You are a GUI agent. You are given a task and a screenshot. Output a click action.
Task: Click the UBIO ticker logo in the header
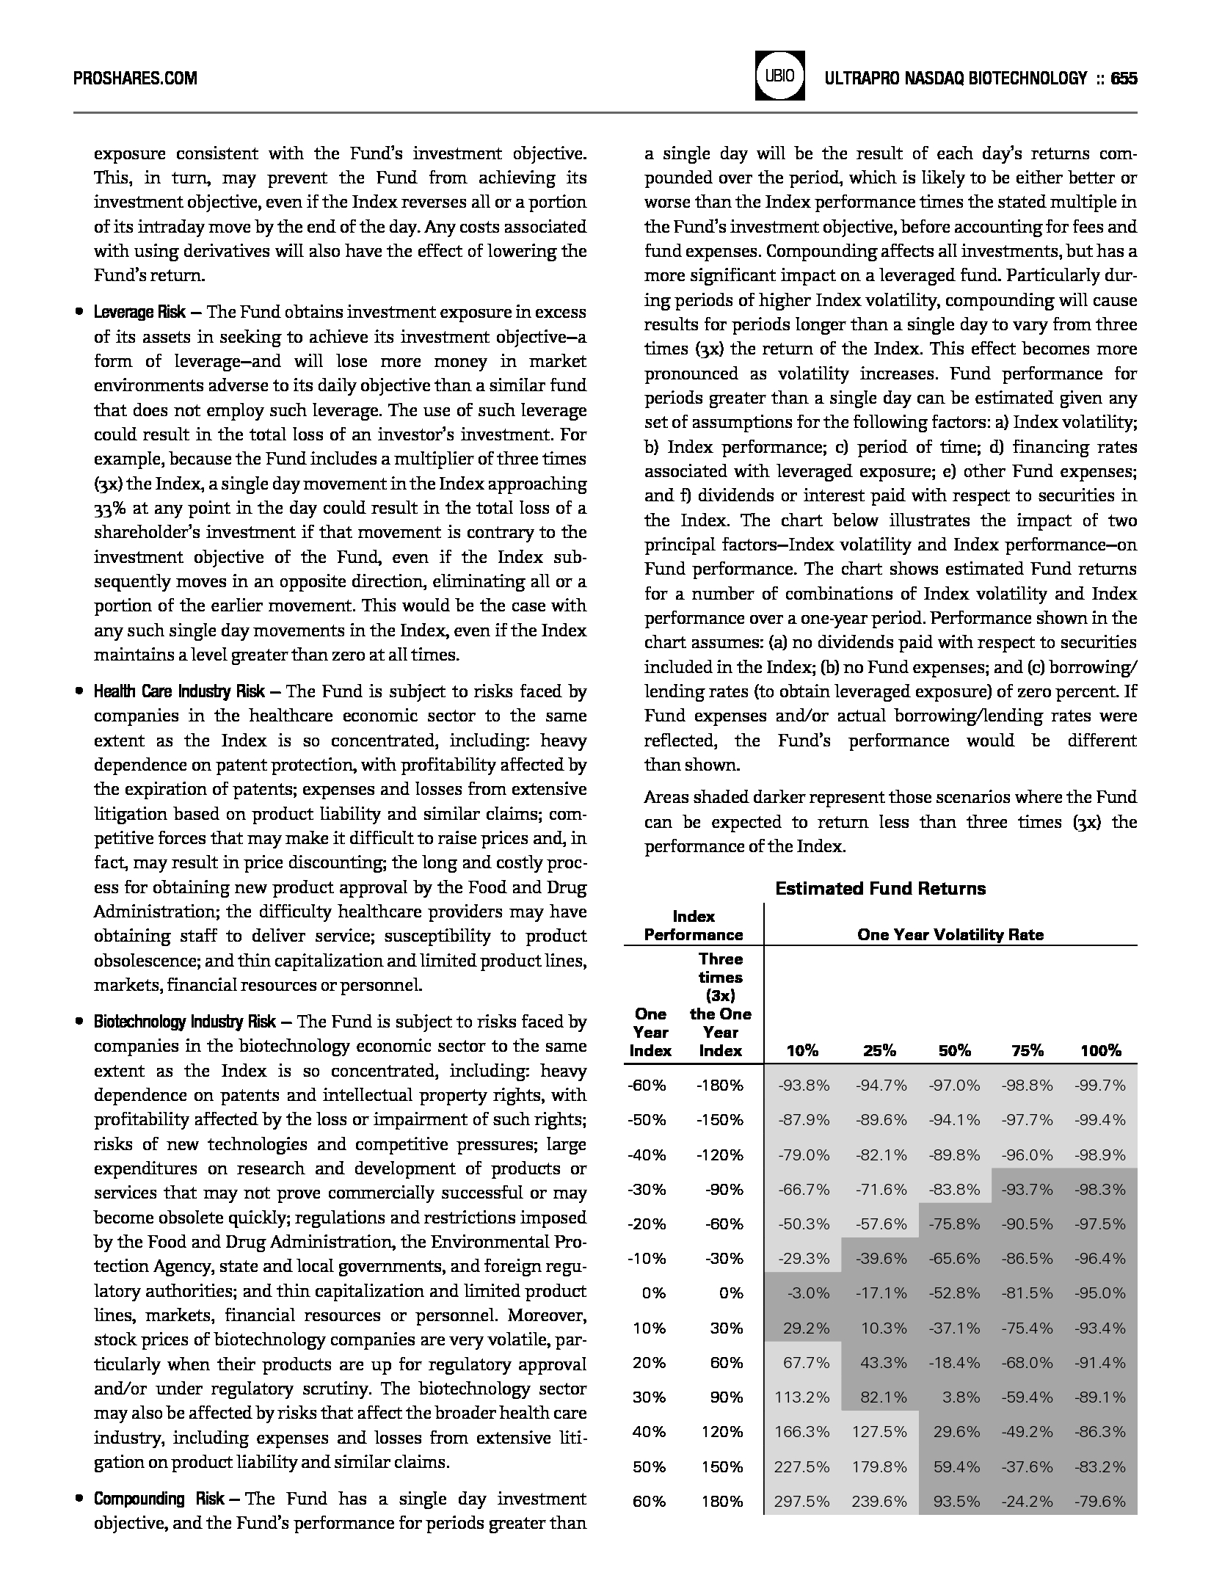click(779, 76)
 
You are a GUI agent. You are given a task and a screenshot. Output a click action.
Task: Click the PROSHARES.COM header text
click(135, 79)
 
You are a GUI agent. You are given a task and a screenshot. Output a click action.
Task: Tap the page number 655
click(1124, 79)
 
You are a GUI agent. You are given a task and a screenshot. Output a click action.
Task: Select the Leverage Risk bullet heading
click(139, 313)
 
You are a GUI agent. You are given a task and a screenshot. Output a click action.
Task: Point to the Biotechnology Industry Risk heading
click(184, 1022)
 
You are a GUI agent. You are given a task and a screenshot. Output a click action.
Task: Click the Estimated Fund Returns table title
click(880, 889)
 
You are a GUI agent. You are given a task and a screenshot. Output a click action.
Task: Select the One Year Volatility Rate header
click(950, 934)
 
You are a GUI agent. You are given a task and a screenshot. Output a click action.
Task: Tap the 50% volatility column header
click(954, 1051)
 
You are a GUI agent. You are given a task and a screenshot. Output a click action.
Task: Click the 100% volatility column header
click(1100, 1051)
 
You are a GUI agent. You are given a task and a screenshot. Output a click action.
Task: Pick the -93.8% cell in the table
click(804, 1086)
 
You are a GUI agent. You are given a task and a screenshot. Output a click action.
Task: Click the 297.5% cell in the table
click(802, 1502)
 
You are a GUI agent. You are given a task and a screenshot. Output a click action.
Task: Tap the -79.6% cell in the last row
click(1100, 1502)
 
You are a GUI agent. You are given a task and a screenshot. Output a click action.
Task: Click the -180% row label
click(719, 1086)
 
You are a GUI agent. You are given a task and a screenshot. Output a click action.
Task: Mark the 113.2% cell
click(802, 1397)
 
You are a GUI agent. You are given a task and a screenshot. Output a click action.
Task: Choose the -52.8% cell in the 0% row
click(954, 1293)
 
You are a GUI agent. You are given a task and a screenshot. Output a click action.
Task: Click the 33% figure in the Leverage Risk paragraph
click(107, 509)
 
